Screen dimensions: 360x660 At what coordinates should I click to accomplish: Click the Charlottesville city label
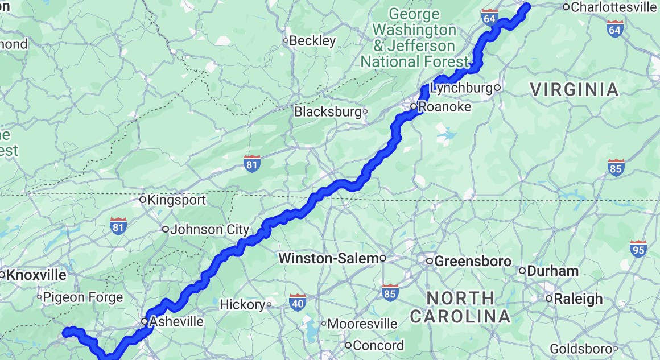coord(613,7)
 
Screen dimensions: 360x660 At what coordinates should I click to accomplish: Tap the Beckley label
coord(312,41)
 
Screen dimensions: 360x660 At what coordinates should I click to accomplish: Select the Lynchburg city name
coord(461,88)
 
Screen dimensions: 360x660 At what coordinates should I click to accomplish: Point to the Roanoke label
coord(444,107)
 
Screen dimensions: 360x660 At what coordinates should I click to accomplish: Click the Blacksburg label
coord(328,112)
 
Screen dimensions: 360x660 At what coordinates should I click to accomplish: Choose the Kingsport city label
coord(176,200)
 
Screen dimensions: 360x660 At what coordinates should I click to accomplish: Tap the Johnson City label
coord(209,230)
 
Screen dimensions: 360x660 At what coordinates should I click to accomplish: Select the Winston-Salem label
coord(328,259)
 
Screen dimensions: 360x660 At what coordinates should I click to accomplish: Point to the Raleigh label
coord(578,299)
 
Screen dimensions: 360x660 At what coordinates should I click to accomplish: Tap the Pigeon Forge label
coord(83,297)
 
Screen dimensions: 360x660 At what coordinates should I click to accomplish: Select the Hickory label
coord(242,305)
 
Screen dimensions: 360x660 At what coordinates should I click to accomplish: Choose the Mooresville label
coord(362,324)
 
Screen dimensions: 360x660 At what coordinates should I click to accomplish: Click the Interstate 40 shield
coord(297,301)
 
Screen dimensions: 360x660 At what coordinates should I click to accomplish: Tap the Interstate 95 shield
coord(638,249)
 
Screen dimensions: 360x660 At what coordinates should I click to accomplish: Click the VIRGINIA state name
coord(574,90)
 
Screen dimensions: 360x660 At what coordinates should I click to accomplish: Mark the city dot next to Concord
coord(348,345)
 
